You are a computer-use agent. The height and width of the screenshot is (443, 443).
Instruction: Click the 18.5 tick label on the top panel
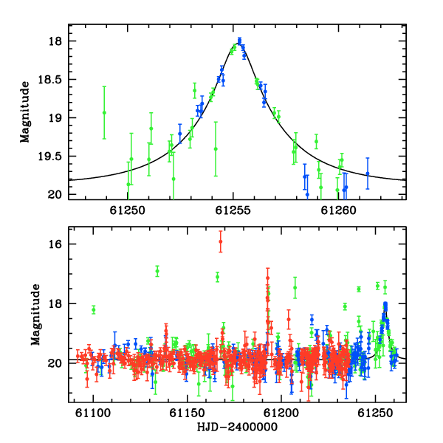[49, 80]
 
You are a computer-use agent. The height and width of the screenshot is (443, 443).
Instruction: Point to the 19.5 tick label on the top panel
[49, 157]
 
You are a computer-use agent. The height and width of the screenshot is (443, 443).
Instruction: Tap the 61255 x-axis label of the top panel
[233, 210]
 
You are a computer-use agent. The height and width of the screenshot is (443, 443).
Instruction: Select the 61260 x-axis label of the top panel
[338, 210]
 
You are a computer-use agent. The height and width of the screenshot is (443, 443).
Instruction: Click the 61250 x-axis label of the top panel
[128, 210]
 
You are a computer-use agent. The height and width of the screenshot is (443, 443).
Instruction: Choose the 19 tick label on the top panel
[55, 118]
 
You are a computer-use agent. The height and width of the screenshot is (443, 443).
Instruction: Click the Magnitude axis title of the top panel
[25, 112]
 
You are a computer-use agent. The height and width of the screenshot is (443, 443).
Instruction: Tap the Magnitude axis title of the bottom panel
[35, 315]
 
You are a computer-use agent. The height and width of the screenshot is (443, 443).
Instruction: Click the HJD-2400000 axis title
[237, 427]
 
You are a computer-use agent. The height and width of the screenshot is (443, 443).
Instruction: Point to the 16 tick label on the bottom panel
[55, 244]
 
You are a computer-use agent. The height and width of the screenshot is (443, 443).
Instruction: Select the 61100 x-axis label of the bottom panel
[93, 413]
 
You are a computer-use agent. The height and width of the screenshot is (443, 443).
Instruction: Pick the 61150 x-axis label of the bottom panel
[187, 413]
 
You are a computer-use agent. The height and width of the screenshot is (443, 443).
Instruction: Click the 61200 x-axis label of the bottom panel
[281, 413]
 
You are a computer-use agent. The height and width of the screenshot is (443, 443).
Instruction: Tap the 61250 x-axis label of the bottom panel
[375, 413]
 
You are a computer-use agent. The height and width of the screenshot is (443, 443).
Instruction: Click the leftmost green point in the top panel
[104, 113]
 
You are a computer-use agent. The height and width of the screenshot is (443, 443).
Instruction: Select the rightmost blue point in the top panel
[368, 174]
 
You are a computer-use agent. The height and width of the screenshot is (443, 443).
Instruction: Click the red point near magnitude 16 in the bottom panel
[221, 241]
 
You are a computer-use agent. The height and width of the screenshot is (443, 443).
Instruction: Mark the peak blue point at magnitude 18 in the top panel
[239, 41]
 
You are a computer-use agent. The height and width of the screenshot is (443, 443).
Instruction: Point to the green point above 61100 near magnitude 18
[94, 309]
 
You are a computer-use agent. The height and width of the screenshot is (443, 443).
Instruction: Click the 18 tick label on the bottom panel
[55, 303]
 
